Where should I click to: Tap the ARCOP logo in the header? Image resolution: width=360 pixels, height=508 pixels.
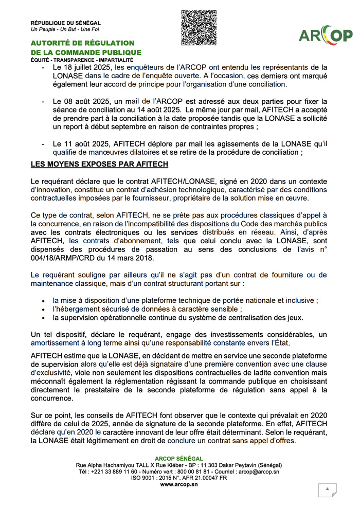[326, 35]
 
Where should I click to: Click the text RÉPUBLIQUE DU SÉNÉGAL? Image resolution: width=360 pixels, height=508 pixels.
[66, 23]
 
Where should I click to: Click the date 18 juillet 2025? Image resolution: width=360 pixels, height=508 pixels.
[88, 67]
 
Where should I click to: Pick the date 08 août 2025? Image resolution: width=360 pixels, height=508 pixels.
[85, 101]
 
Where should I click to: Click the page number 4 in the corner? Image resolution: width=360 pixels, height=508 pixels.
[327, 489]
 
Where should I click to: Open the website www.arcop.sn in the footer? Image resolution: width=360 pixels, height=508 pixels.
[179, 484]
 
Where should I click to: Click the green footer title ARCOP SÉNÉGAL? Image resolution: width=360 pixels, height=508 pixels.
[179, 459]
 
